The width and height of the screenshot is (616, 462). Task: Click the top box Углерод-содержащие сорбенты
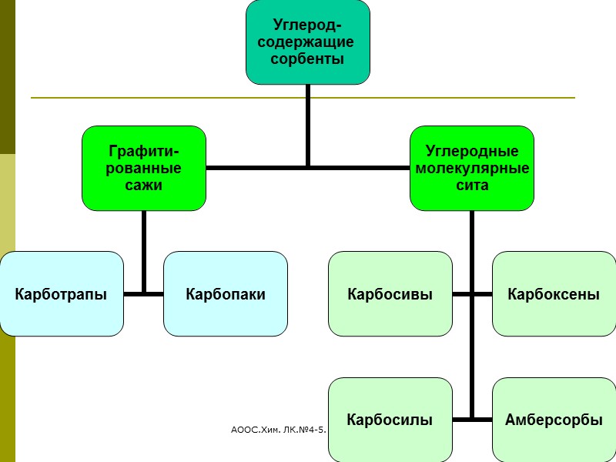(308, 42)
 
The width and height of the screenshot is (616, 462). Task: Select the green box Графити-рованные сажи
(144, 168)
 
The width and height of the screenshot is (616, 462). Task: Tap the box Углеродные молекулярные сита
(472, 168)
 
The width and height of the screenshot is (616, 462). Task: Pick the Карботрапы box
(61, 294)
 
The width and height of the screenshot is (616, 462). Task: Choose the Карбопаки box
(226, 294)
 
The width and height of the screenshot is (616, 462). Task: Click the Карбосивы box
(390, 294)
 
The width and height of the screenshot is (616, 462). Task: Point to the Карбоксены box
(554, 294)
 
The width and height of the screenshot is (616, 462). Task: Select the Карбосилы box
(390, 420)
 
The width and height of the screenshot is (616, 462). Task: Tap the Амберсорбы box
(554, 420)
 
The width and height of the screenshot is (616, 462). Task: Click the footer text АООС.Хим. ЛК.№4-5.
(279, 425)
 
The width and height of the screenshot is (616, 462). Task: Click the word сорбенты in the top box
(308, 59)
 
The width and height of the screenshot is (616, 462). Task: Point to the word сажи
(144, 185)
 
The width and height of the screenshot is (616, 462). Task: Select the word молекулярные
(472, 168)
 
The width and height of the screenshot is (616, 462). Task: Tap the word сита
(472, 185)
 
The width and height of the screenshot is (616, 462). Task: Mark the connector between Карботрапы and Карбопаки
(144, 293)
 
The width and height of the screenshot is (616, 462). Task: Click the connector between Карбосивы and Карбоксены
(472, 293)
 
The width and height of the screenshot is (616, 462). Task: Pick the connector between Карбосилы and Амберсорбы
(472, 420)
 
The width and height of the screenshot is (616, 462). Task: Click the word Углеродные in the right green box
(472, 152)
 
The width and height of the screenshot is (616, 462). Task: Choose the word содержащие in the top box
(308, 42)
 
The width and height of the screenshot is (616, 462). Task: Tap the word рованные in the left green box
(144, 168)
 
